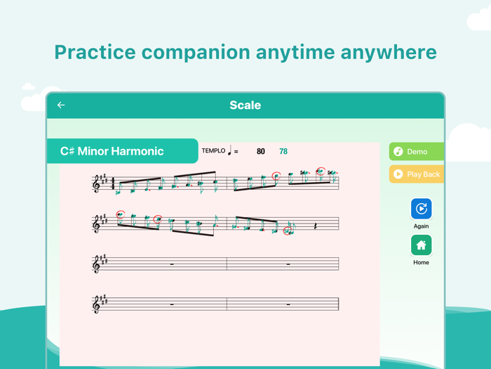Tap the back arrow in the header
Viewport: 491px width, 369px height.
tap(61, 105)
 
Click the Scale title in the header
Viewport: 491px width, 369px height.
tap(245, 105)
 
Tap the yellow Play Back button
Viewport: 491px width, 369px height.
tap(417, 174)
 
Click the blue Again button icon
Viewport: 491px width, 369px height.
tap(421, 209)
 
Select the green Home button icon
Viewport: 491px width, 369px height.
tap(421, 245)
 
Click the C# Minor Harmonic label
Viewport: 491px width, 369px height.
tap(112, 151)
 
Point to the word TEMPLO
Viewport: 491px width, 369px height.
tap(213, 150)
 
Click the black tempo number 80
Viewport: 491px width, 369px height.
tap(261, 151)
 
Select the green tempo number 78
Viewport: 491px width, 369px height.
tap(283, 151)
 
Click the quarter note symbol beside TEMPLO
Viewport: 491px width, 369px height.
tap(230, 150)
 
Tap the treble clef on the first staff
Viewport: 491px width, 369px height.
tap(97, 184)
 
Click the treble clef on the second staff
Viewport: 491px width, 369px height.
tap(97, 224)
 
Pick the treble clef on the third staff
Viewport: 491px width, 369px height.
tap(97, 264)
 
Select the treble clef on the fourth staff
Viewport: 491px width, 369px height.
tap(97, 304)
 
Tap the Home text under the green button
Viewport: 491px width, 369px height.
tap(421, 263)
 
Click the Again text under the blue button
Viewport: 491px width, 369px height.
tap(421, 226)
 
